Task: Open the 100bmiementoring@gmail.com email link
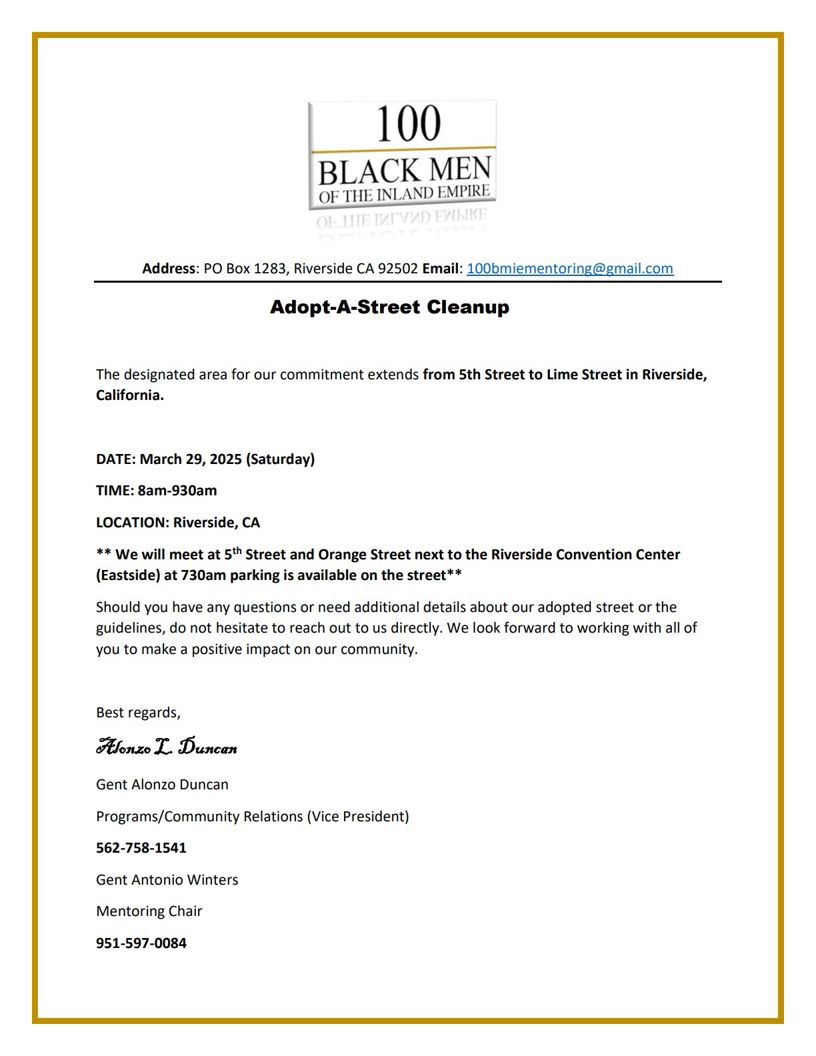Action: tap(569, 269)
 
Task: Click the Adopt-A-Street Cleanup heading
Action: tap(389, 307)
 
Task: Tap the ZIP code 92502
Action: tap(398, 269)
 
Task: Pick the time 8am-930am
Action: tap(177, 491)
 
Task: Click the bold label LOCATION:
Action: tap(132, 523)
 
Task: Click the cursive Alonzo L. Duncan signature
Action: tap(167, 747)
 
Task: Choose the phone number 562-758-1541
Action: tap(141, 848)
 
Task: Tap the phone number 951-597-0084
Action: tap(141, 943)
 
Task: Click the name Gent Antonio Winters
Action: tap(167, 880)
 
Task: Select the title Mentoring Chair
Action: tap(149, 911)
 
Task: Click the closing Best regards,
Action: tap(138, 713)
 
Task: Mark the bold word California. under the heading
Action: tap(130, 395)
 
